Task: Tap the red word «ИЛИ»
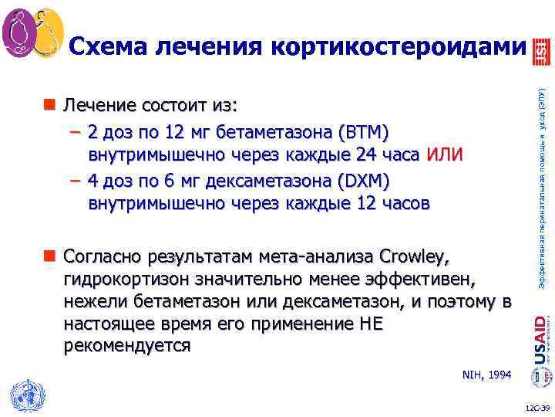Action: pos(446,154)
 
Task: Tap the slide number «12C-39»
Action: pos(535,407)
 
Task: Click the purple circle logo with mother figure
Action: pos(18,29)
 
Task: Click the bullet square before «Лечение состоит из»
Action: pos(50,105)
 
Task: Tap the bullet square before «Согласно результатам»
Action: pos(50,256)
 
